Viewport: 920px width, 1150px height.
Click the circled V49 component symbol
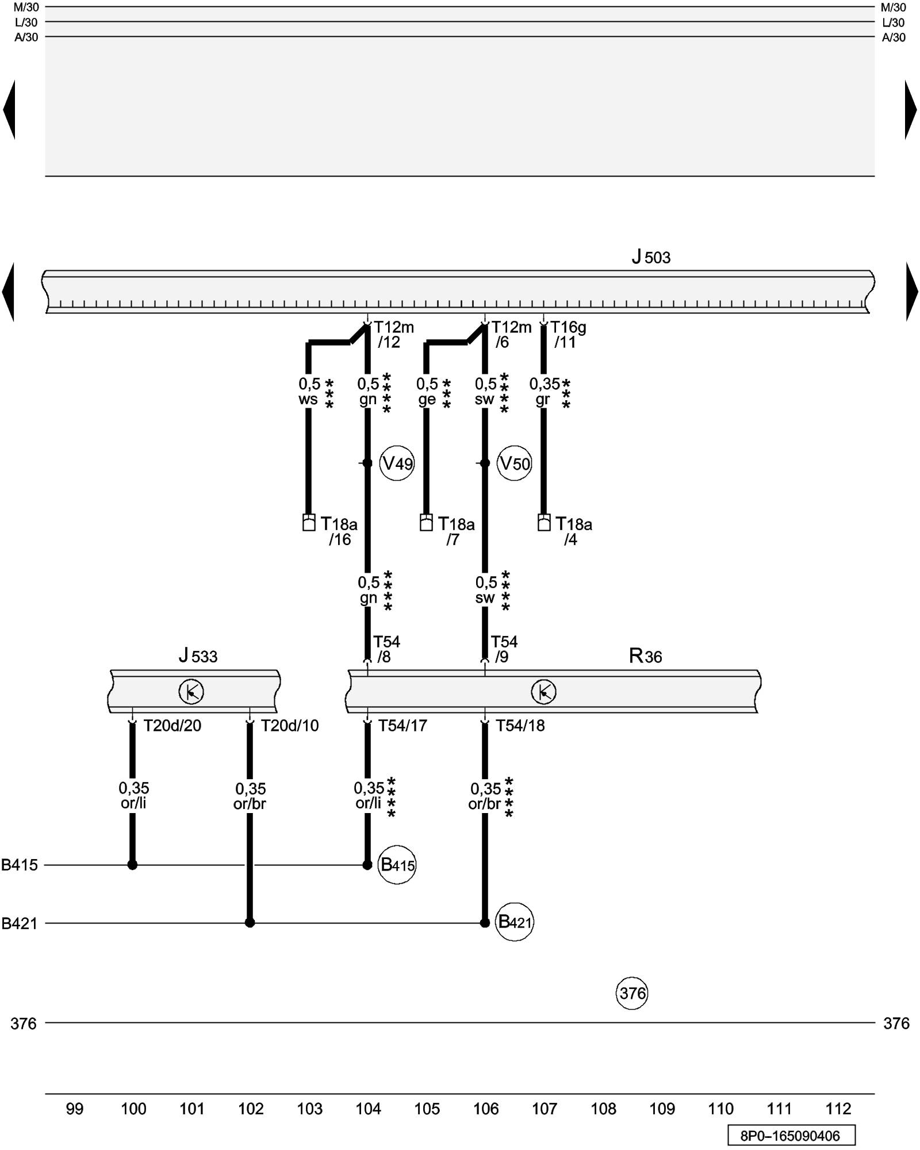pos(397,463)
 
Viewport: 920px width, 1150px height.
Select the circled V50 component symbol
pos(514,463)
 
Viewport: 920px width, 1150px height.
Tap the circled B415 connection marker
pos(397,865)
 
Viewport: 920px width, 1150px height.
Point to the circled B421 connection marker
pos(515,922)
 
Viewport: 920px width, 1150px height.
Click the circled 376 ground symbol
pos(632,993)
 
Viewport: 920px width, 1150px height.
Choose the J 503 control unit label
pos(651,257)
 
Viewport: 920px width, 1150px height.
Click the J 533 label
pos(198,655)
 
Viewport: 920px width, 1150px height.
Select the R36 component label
pos(645,655)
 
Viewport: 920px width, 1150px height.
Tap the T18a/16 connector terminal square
pos(309,522)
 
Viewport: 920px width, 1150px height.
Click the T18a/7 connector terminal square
pos(426,522)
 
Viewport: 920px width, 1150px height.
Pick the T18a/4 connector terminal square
pos(544,522)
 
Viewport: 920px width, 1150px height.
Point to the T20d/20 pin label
pos(172,726)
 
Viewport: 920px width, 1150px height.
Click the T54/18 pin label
pos(520,726)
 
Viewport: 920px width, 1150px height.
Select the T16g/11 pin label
pos(568,335)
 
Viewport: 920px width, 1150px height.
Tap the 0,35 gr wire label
pos(543,392)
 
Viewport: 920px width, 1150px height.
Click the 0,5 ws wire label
pos(309,392)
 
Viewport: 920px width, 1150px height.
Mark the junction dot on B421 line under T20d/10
pos(250,923)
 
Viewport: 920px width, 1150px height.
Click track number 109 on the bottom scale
pos(662,1109)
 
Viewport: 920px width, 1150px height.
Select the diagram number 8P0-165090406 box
pos(790,1136)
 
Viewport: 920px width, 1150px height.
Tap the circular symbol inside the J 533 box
pos(191,692)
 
